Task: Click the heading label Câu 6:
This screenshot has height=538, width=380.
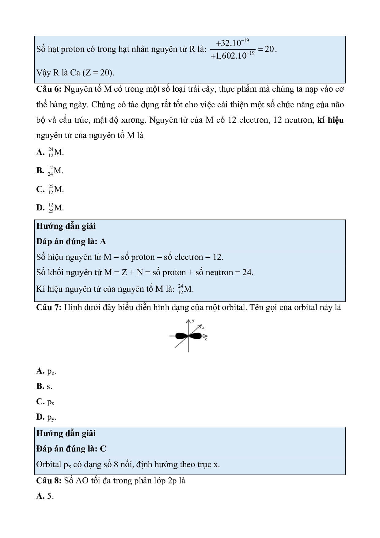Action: [49, 89]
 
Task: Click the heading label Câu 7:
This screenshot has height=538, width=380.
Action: [49, 307]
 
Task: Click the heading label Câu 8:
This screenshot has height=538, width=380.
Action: [49, 481]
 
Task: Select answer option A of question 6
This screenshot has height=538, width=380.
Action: [50, 152]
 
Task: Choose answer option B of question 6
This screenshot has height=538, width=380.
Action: [50, 171]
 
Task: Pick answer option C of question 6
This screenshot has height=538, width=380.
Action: [50, 189]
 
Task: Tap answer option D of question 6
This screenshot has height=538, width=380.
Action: [50, 208]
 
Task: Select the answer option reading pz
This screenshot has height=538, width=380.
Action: [46, 371]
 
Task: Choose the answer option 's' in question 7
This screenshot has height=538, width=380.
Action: [44, 386]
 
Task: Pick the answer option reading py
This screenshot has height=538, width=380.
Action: [46, 417]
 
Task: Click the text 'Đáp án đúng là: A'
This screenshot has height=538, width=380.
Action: [71, 242]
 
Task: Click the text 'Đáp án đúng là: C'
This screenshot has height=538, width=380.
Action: [71, 449]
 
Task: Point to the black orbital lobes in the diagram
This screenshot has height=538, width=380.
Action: [188, 336]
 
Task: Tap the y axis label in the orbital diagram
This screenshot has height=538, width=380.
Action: [193, 321]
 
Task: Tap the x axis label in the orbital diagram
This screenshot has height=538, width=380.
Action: [206, 339]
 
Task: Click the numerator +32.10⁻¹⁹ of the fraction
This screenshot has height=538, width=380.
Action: [232, 43]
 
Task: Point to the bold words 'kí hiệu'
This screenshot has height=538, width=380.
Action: [330, 120]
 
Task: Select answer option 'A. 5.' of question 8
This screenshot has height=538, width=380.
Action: [45, 496]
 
